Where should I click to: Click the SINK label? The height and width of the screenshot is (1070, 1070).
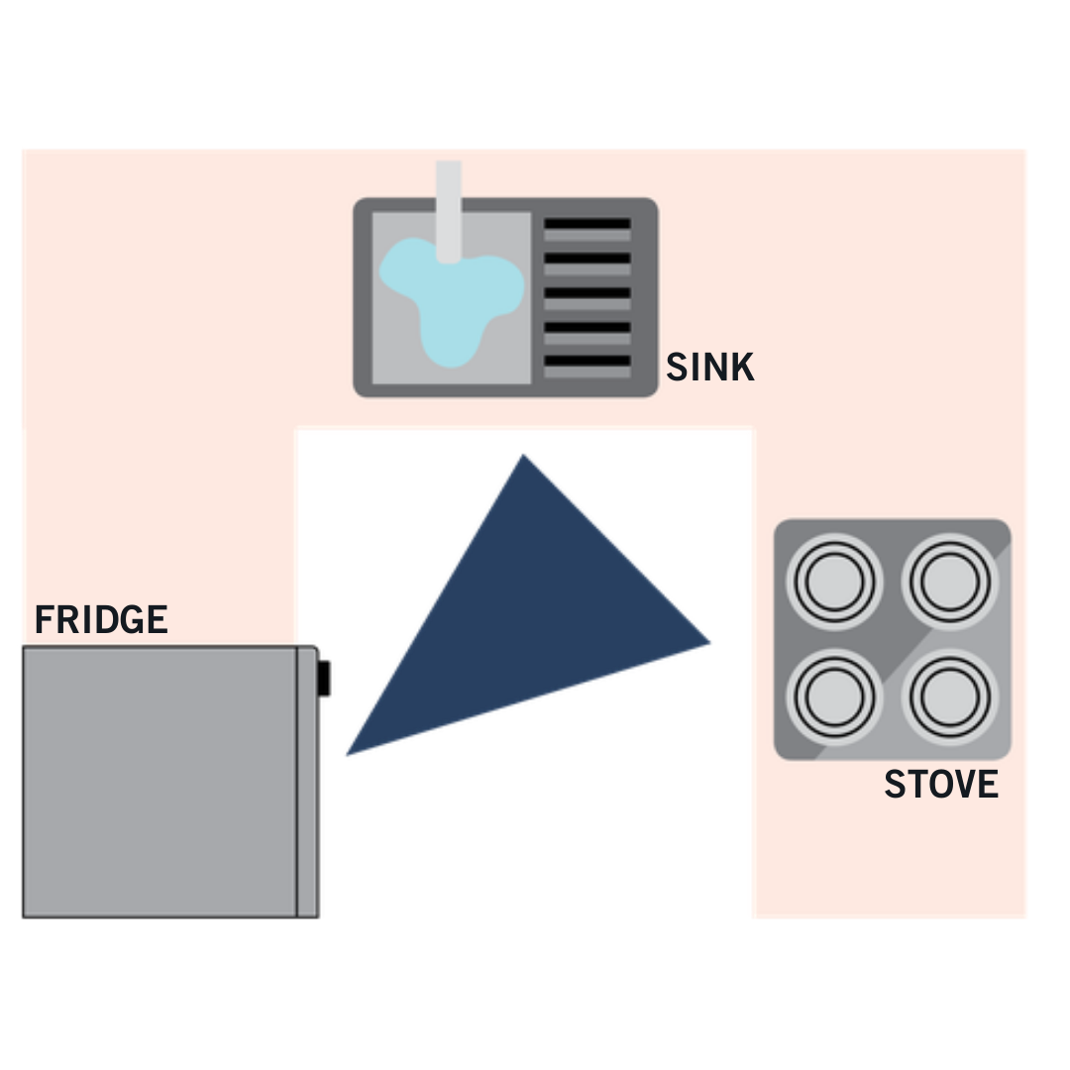point(709,368)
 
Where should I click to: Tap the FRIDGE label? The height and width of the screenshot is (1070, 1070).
point(101,620)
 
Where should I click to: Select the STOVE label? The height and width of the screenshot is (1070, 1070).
point(940,785)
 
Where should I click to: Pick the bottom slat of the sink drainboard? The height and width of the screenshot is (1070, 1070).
point(587,361)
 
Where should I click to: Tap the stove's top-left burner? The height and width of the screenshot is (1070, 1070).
point(832,582)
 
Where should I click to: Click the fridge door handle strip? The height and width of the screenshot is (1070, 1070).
point(307,782)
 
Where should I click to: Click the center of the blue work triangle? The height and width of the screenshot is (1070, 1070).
point(526,618)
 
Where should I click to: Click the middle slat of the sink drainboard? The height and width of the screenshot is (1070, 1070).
point(587,293)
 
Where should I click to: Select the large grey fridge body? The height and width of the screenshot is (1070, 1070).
point(159,782)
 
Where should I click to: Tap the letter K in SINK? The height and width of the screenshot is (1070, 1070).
point(743,368)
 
